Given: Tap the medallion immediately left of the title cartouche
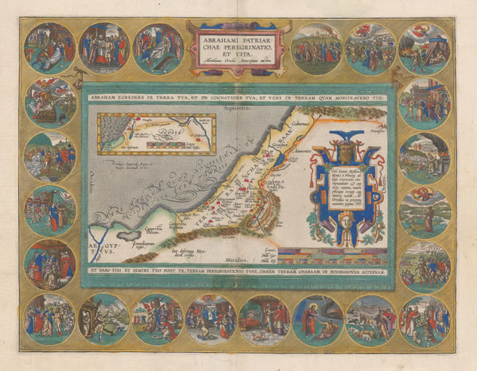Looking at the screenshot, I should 159,45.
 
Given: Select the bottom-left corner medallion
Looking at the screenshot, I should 50,319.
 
